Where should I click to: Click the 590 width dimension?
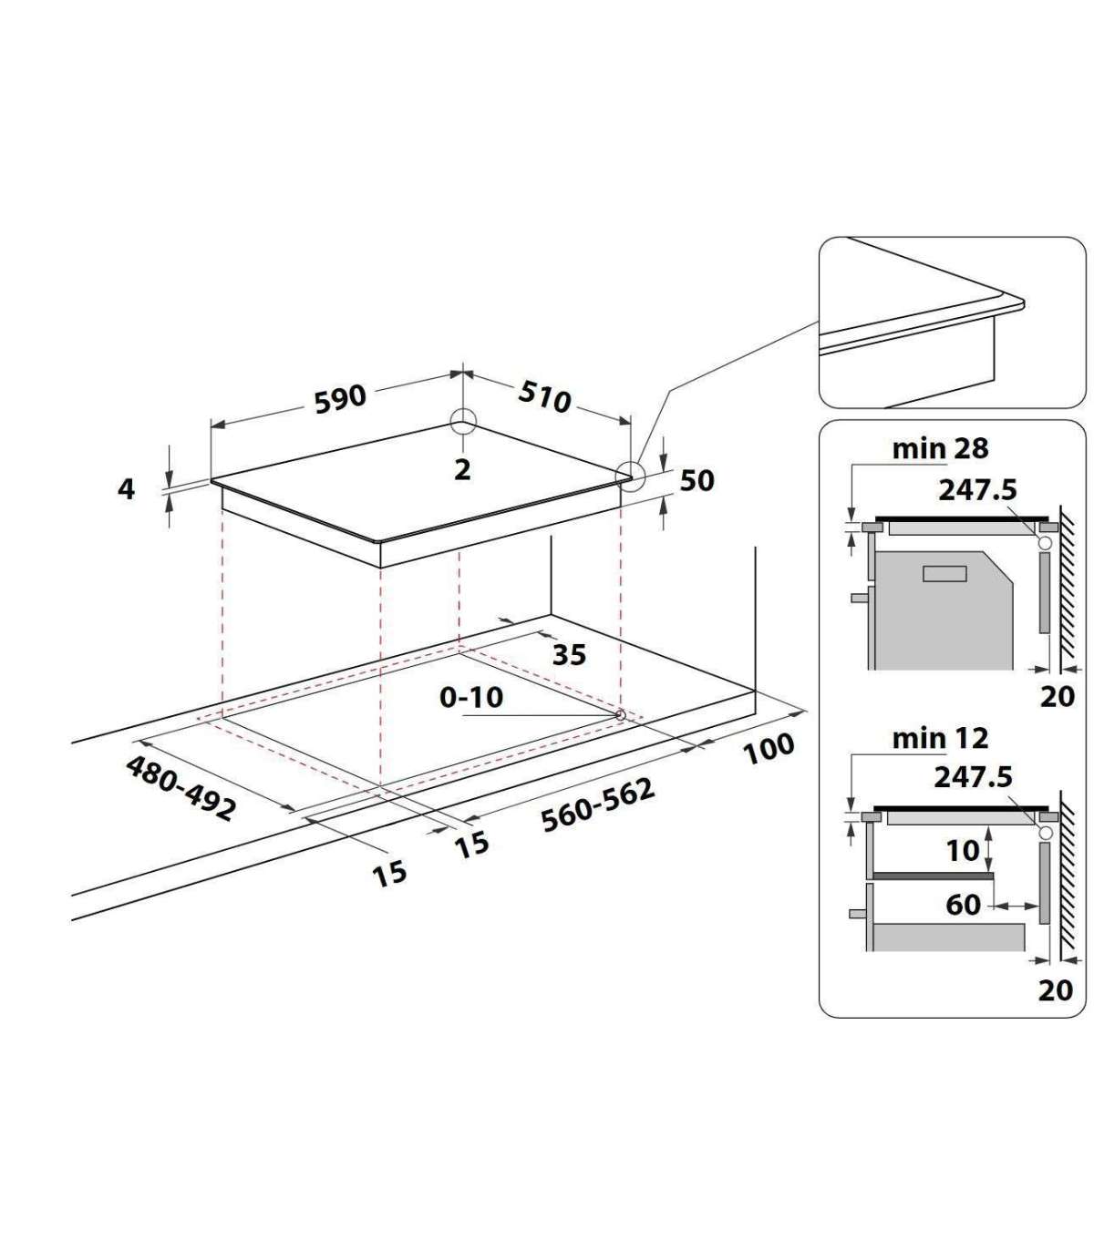(340, 398)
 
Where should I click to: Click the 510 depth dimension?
(544, 396)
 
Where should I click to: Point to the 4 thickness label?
(126, 489)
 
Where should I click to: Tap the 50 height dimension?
(697, 481)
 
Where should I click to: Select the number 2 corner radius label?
(462, 470)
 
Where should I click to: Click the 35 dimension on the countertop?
(569, 655)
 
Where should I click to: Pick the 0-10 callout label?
(471, 697)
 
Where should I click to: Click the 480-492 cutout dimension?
(181, 788)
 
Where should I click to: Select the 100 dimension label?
(769, 748)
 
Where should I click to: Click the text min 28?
(940, 449)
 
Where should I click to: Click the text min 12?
(940, 739)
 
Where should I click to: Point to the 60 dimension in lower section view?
(964, 904)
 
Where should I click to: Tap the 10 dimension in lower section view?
(963, 850)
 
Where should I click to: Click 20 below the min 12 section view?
(1056, 989)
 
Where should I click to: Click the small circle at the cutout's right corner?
(620, 714)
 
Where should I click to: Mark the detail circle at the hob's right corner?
(630, 476)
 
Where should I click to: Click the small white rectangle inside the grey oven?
(944, 574)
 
